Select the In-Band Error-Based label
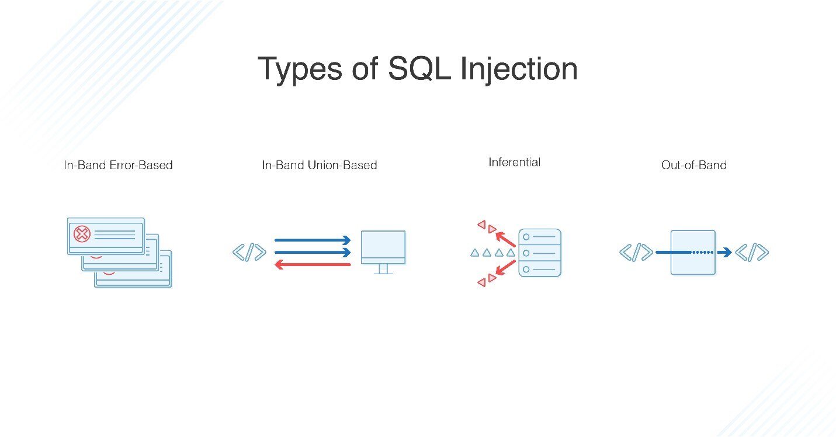tap(118, 165)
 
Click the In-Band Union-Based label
tap(319, 165)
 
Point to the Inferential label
tap(514, 162)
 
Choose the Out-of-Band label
tap(693, 165)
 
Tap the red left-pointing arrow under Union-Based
tap(312, 264)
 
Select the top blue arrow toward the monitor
tap(312, 240)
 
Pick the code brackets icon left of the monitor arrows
tap(249, 253)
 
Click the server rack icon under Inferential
tap(539, 253)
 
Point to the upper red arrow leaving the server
tap(505, 239)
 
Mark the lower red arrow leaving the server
tap(505, 267)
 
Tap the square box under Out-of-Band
tap(693, 253)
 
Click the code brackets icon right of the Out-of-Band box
tap(751, 253)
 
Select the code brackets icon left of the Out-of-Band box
tap(636, 253)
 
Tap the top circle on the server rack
tap(526, 237)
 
